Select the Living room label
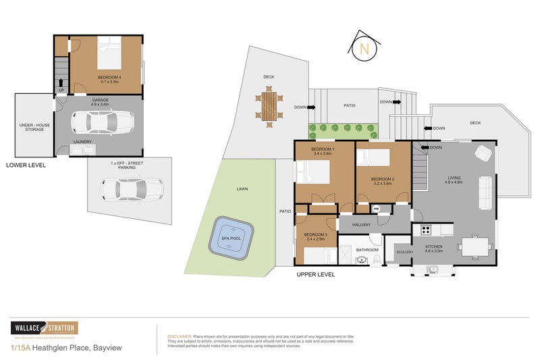(x=454, y=179)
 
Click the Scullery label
(x=404, y=252)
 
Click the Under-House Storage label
(x=32, y=126)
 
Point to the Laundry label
(x=83, y=142)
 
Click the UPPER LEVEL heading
(x=315, y=275)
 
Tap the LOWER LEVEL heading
(x=26, y=165)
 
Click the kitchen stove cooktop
(x=426, y=230)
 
